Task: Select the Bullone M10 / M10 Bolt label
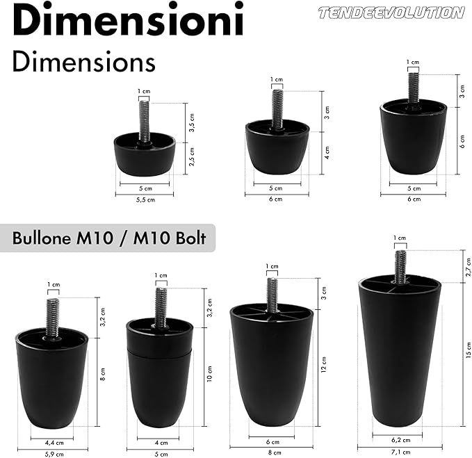tap(109, 238)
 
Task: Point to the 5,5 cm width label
tap(144, 199)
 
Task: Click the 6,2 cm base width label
tap(400, 439)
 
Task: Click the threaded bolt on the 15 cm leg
tap(400, 266)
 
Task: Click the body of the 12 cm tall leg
tap(271, 368)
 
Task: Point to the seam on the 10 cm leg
tap(161, 351)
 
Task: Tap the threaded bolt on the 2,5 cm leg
tap(145, 120)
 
